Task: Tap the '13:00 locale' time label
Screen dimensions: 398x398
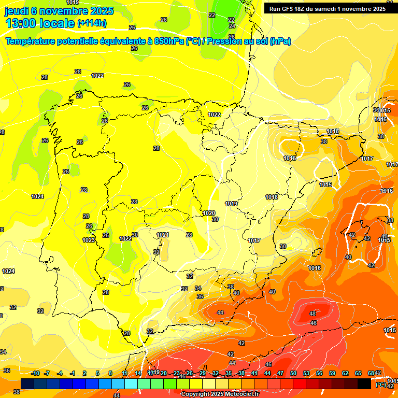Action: tap(39, 23)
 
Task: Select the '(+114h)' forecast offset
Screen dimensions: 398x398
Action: tap(92, 23)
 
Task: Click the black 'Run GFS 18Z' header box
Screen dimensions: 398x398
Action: tap(327, 8)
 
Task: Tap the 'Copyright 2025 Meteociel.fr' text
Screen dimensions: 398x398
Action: tap(220, 394)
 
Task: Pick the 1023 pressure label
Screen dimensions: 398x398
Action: tap(89, 240)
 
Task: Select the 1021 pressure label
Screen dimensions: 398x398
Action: tap(163, 235)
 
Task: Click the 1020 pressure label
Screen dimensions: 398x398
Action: tap(209, 213)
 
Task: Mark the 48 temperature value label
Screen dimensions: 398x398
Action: tap(312, 314)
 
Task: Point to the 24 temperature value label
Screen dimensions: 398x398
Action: tap(232, 26)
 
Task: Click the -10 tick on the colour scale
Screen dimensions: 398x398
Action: tap(35, 374)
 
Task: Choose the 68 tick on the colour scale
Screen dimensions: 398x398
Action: tap(371, 374)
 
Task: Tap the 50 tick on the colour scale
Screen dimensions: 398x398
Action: tap(293, 374)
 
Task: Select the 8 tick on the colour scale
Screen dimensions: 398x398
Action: tap(110, 374)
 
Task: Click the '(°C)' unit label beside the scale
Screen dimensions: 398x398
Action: tap(380, 385)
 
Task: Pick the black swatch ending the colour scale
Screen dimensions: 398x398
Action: tap(364, 384)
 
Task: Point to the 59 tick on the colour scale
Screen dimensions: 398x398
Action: tap(332, 374)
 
